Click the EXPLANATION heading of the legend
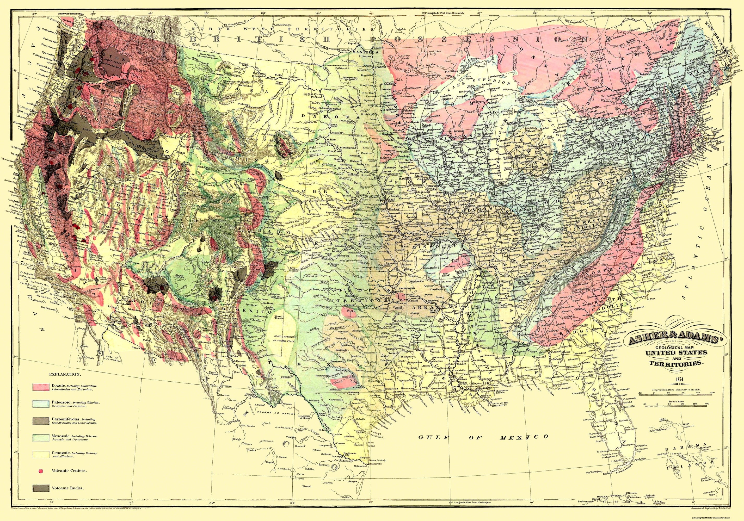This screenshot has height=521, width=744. pyautogui.click(x=64, y=374)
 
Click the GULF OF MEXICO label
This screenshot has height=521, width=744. pyautogui.click(x=483, y=437)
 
